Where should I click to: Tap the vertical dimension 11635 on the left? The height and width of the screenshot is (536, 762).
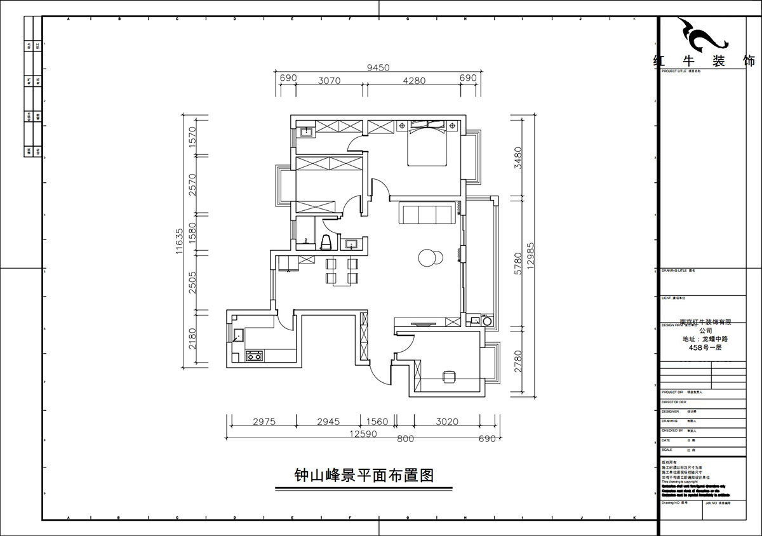pyautogui.click(x=180, y=241)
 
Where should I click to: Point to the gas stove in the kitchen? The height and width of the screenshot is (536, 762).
pyautogui.click(x=255, y=356)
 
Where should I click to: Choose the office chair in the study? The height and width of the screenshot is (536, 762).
pyautogui.click(x=449, y=377)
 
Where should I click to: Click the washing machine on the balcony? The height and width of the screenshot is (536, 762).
pyautogui.click(x=488, y=321)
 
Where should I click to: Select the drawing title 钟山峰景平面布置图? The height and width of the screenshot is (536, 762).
pyautogui.click(x=364, y=475)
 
